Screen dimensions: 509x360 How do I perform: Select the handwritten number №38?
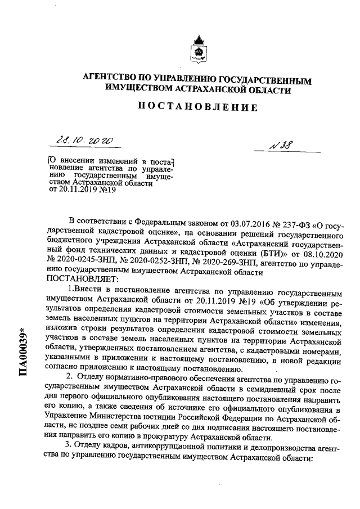(x=284, y=145)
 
